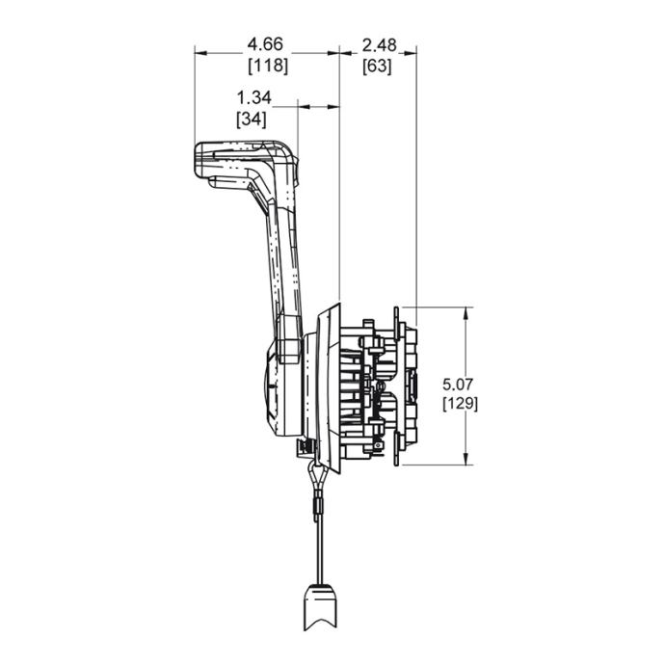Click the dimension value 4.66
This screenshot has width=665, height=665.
(x=267, y=43)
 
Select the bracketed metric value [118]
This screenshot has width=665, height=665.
(x=268, y=66)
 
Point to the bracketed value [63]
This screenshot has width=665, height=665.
(x=377, y=66)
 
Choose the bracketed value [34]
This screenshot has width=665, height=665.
(x=253, y=119)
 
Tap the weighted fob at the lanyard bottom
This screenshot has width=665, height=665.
(x=321, y=606)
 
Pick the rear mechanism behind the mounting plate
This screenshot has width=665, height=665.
(x=381, y=386)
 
